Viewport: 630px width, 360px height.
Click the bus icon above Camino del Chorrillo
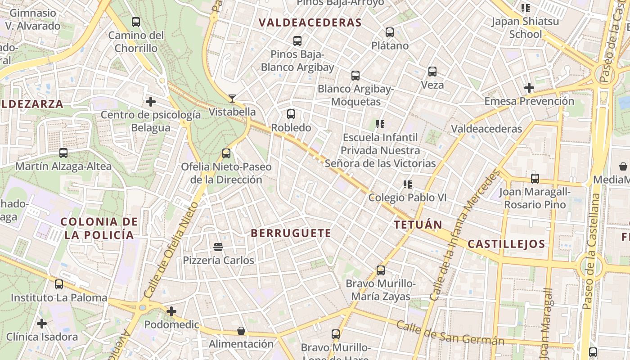tap(135, 22)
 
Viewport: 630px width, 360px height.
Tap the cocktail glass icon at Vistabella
tap(232, 98)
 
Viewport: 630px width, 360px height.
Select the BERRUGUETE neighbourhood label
tap(291, 233)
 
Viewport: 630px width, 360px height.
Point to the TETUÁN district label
tap(418, 225)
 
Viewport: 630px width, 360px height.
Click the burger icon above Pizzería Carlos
tap(218, 247)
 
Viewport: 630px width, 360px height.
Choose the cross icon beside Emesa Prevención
tap(529, 88)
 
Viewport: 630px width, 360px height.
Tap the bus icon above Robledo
tap(291, 114)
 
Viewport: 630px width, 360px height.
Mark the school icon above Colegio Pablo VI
tap(408, 184)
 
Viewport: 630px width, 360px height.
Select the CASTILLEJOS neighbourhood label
tap(506, 244)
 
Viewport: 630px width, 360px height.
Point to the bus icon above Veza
tap(432, 71)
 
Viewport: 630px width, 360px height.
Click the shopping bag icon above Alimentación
tap(241, 331)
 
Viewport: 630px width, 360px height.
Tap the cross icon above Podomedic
tap(171, 311)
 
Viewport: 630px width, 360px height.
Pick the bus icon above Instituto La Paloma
tap(59, 284)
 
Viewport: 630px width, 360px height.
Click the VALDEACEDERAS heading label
tap(310, 22)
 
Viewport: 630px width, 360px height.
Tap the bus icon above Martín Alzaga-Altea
tap(63, 153)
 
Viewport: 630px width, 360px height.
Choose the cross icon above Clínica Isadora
tap(42, 324)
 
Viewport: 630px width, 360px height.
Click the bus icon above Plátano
tap(390, 32)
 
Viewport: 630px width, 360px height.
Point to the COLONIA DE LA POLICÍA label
tap(99, 228)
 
